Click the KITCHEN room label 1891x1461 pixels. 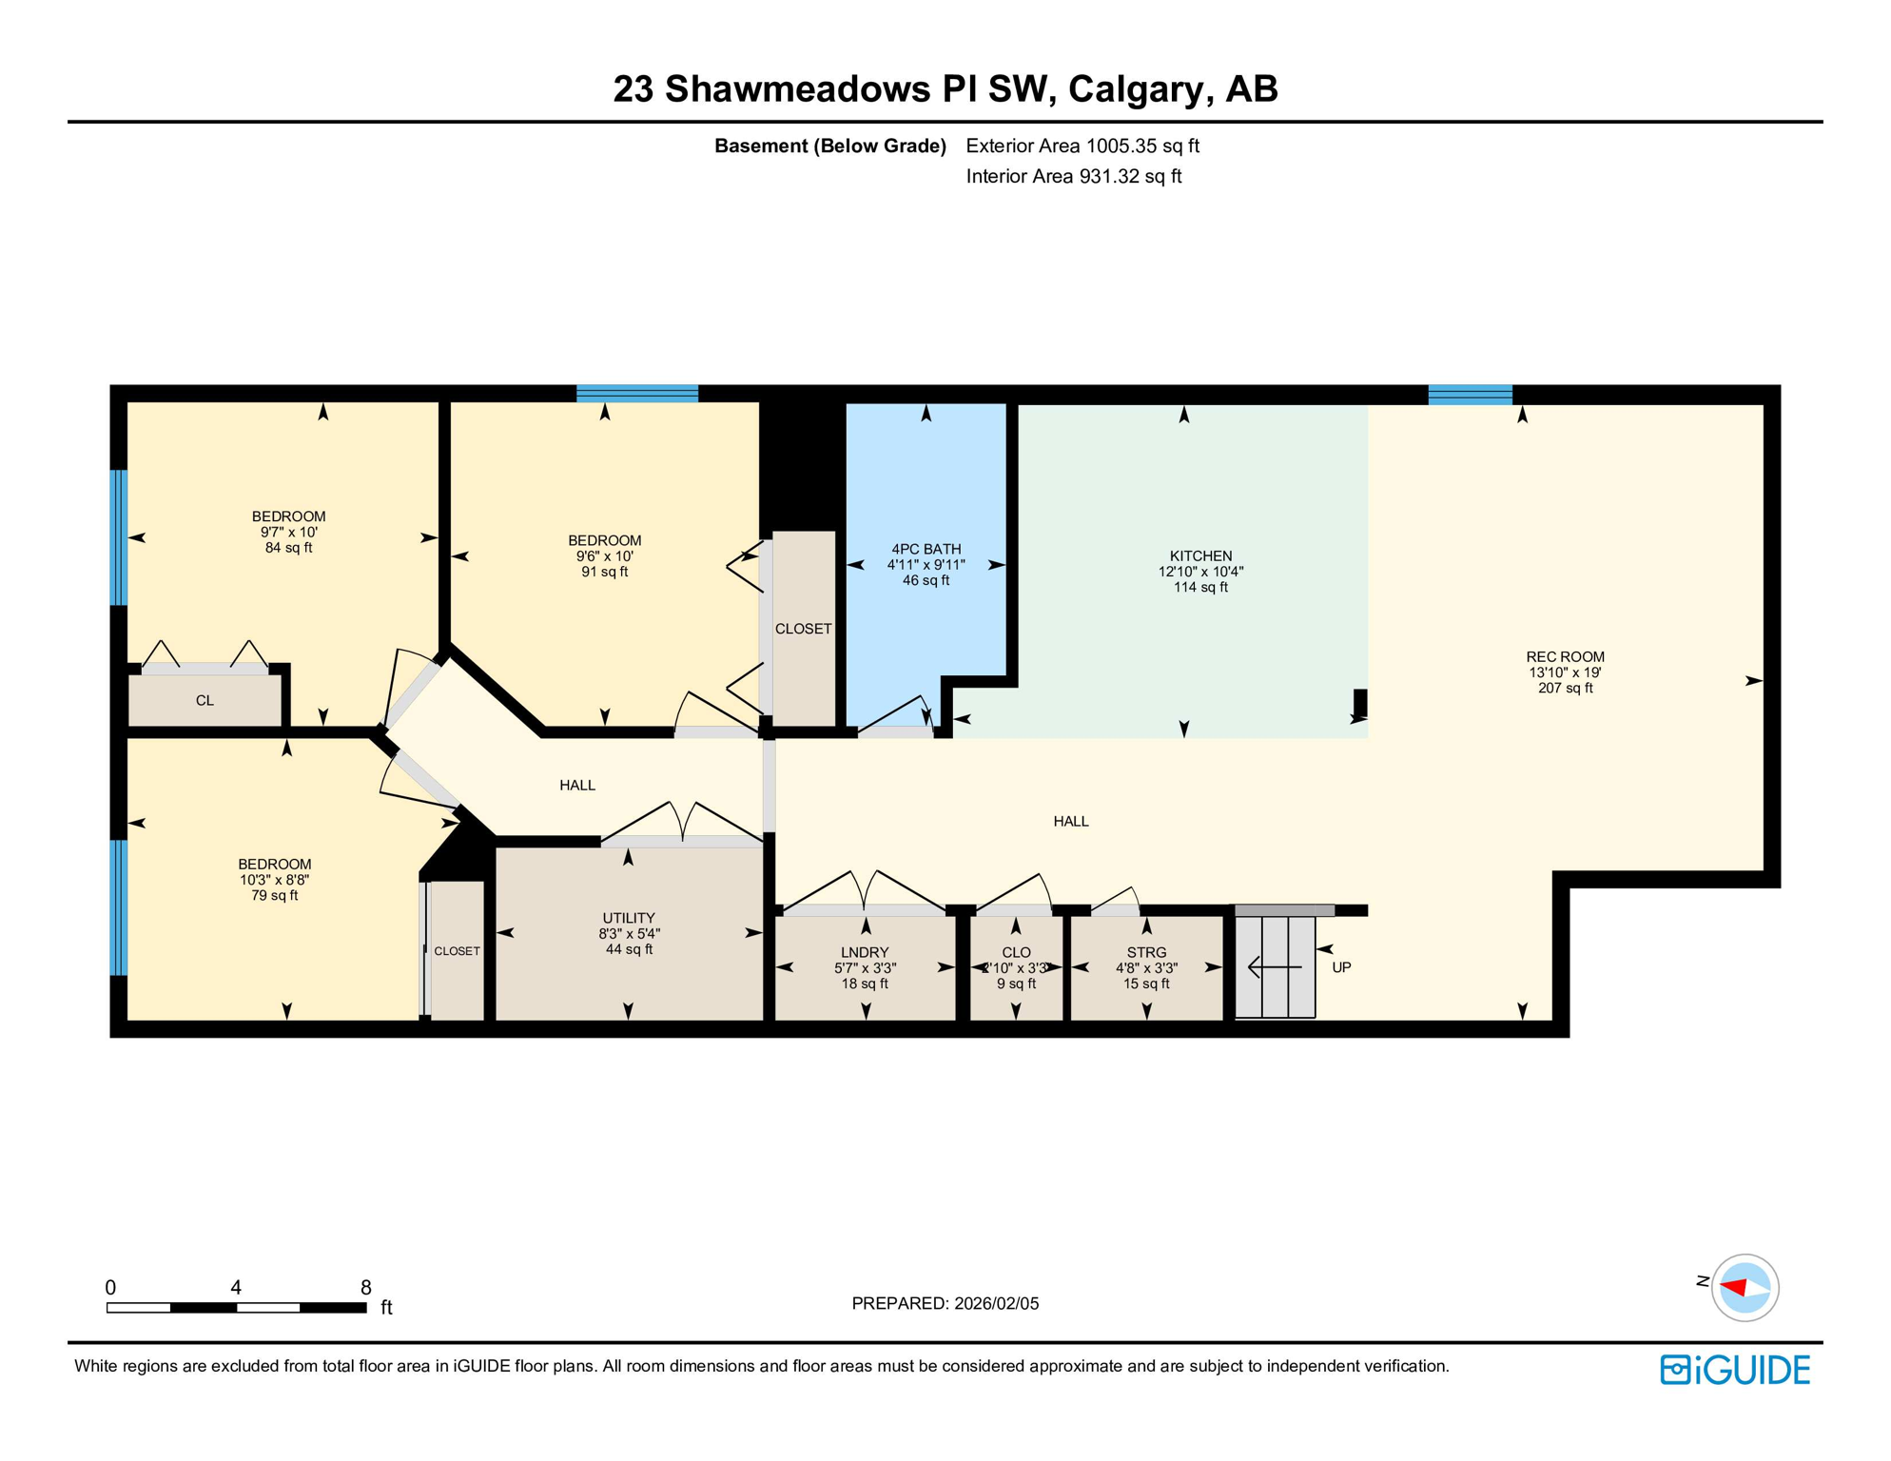pos(1200,556)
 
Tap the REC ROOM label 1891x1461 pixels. pos(1565,657)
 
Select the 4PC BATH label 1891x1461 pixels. pos(926,550)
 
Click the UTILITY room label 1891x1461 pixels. pos(629,919)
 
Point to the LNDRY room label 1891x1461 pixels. pos(865,953)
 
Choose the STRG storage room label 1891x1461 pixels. pos(1146,953)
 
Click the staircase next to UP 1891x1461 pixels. pos(1275,967)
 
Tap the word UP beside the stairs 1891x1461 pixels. pos(1341,968)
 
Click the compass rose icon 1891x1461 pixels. pos(1745,1288)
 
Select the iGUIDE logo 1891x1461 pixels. pos(1735,1370)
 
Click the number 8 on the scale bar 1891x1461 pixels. pos(365,1288)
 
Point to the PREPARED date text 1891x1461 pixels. pos(945,1304)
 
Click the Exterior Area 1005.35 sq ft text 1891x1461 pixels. pos(1082,146)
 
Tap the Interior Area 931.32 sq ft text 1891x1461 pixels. pos(1074,177)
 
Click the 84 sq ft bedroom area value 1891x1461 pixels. pos(288,549)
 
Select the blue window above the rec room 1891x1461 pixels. pos(1470,395)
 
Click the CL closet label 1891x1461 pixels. pos(205,701)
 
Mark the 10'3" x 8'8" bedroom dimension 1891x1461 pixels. pos(274,881)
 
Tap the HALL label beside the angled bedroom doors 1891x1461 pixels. pos(577,786)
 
